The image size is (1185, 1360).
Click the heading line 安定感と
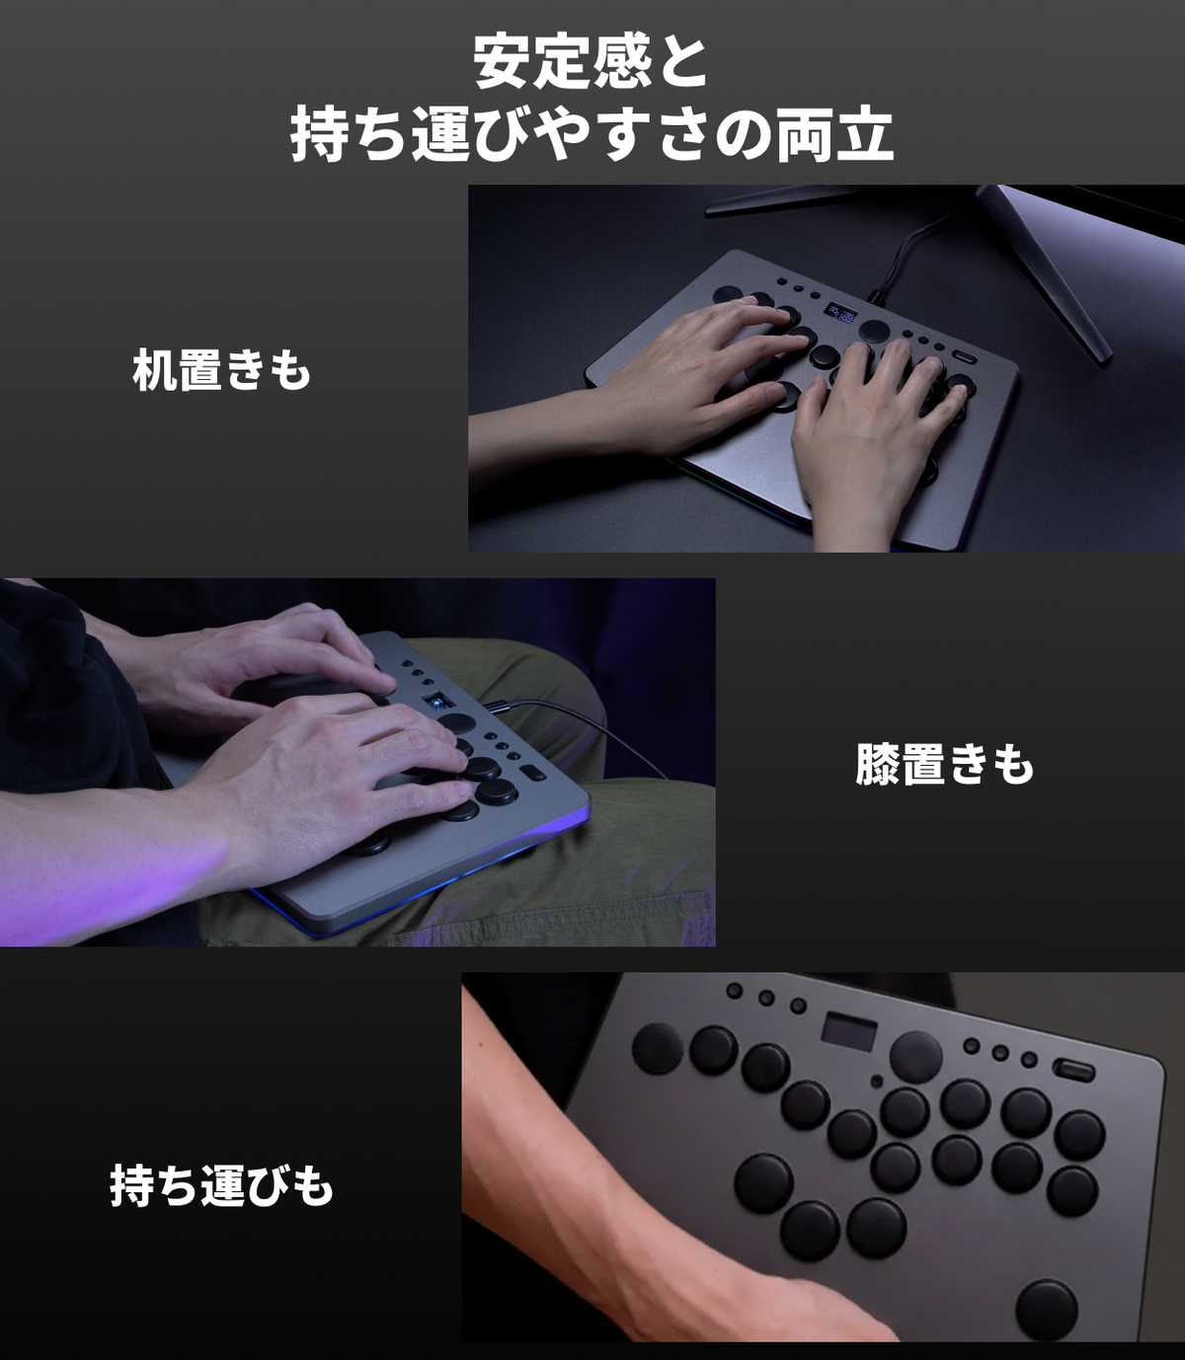tap(591, 62)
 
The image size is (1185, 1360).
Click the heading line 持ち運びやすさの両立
tap(592, 135)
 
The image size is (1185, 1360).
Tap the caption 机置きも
tap(221, 370)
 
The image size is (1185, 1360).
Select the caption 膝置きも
tap(944, 765)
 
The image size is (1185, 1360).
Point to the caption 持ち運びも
tap(221, 1185)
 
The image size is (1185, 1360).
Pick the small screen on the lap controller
tap(436, 702)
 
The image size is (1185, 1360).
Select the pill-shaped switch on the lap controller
tap(534, 774)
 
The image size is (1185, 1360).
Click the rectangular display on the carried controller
tap(849, 1031)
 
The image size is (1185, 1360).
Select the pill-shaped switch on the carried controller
tap(1073, 1072)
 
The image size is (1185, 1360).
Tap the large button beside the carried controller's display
tap(916, 1057)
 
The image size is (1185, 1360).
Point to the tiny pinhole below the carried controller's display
tap(877, 1082)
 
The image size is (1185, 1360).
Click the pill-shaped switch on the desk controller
tap(966, 357)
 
